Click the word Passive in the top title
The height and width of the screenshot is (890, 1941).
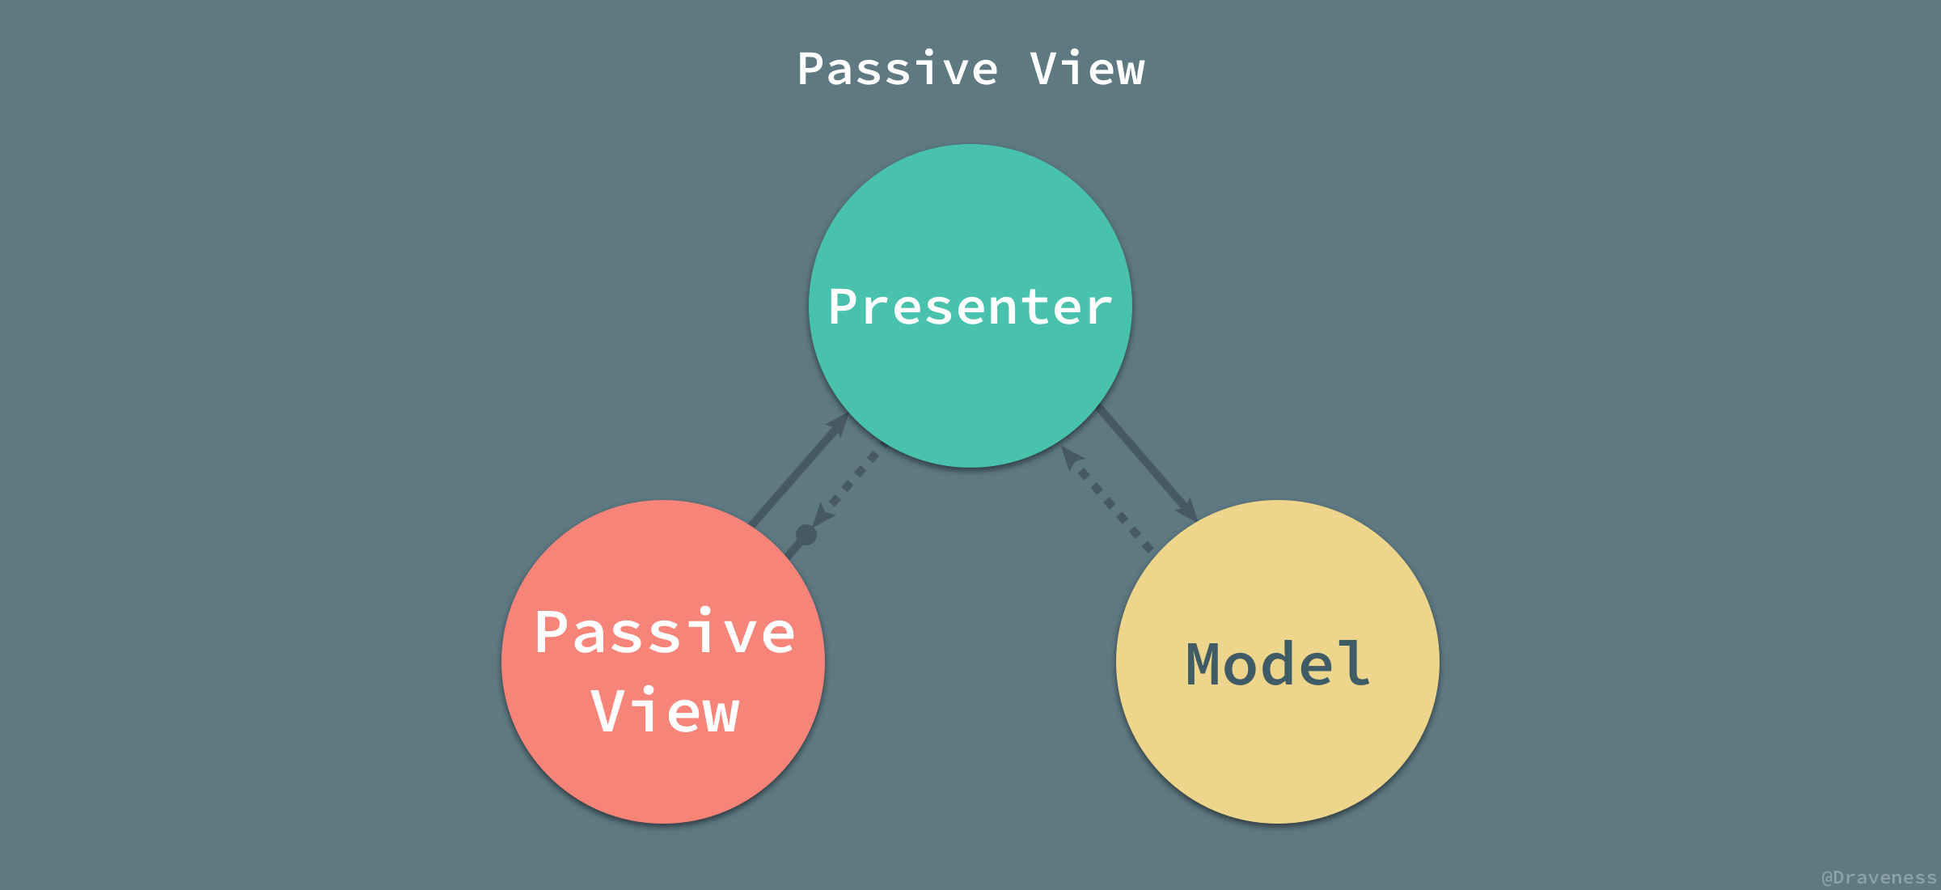point(897,69)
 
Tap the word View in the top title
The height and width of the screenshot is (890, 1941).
point(1087,69)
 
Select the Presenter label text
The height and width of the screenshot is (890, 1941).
point(970,307)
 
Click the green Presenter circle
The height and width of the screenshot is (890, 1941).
point(970,380)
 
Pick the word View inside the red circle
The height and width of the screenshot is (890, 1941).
point(665,711)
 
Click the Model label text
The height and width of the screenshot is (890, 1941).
point(1278,664)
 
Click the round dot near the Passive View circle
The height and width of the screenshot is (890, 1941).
point(806,535)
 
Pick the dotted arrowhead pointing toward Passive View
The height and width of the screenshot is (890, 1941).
point(823,516)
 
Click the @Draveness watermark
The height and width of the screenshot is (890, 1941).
point(1878,877)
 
